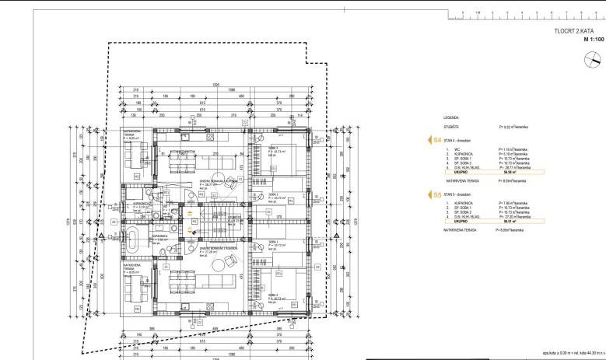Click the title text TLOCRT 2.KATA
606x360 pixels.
coord(575,32)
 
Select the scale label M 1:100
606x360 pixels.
coord(586,41)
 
